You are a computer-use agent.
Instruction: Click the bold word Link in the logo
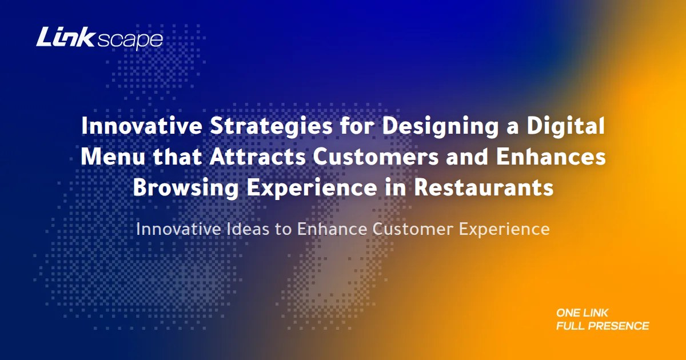coord(65,37)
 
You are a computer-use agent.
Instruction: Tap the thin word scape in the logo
coord(130,41)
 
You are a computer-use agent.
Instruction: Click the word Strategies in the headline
coord(271,126)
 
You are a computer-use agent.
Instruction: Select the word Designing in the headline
coord(440,126)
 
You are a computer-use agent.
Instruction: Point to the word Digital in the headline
coord(565,126)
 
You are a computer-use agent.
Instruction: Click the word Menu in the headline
coord(113,157)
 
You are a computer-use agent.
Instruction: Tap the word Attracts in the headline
coord(258,157)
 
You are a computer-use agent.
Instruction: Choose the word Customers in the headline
coord(376,157)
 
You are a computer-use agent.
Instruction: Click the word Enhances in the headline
coord(551,157)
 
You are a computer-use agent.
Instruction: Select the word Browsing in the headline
coord(186,187)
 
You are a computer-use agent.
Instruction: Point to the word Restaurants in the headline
coord(484,187)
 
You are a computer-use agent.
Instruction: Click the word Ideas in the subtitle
coord(248,229)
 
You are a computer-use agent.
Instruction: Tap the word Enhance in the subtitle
coord(332,229)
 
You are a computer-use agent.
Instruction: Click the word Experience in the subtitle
coord(504,230)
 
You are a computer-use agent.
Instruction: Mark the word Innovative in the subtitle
coord(178,229)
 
